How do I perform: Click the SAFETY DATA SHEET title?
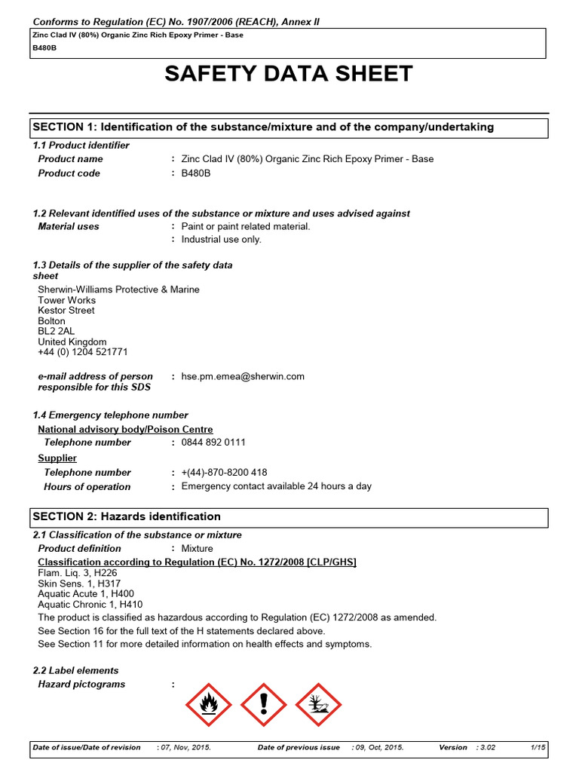[x=289, y=74]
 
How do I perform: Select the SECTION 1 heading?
[x=263, y=127]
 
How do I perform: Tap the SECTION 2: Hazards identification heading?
[x=127, y=516]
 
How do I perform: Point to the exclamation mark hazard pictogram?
[x=263, y=704]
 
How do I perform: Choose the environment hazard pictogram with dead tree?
[x=317, y=704]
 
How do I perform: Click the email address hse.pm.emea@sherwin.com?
[x=243, y=376]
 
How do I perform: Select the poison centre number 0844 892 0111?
[x=213, y=443]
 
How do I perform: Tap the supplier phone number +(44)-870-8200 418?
[x=224, y=473]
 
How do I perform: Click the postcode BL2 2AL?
[x=57, y=331]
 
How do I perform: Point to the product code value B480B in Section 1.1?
[x=195, y=173]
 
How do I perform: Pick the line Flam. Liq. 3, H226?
[x=78, y=573]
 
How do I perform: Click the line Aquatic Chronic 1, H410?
[x=90, y=605]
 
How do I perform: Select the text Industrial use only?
[x=222, y=240]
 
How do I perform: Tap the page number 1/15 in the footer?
[x=538, y=747]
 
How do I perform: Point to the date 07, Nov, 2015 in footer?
[x=185, y=747]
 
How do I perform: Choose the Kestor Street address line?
[x=66, y=311]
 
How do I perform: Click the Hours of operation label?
[x=87, y=487]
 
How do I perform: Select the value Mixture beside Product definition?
[x=198, y=549]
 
